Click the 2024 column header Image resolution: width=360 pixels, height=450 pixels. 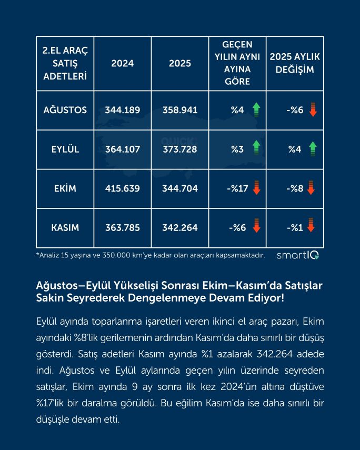tap(123, 63)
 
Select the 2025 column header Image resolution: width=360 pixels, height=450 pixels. tap(180, 63)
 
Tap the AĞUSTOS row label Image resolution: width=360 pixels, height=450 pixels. tap(65, 111)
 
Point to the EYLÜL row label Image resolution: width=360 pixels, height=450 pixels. tap(65, 149)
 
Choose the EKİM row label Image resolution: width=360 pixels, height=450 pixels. tap(65, 188)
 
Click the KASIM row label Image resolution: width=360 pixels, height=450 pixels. tap(65, 227)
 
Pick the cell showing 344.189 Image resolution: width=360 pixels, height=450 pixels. tap(123, 111)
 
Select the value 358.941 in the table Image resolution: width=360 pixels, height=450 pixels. tap(180, 111)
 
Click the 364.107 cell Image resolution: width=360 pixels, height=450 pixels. tap(123, 149)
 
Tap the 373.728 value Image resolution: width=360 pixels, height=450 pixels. tap(180, 149)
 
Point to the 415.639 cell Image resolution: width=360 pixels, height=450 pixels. tap(123, 188)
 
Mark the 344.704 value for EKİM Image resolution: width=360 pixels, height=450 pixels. tap(180, 188)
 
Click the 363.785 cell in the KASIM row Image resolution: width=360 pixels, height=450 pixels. tap(123, 227)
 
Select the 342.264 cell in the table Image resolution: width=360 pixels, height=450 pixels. tap(180, 227)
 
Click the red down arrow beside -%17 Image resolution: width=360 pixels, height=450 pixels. tap(256, 188)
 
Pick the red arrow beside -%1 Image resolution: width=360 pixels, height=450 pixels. tap(311, 227)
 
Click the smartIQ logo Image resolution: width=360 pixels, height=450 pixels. tap(297, 255)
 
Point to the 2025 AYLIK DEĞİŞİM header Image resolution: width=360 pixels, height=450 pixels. tap(295, 63)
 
